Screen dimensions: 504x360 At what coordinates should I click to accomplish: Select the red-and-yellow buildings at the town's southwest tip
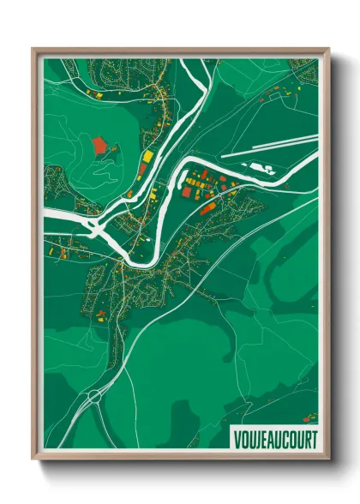101,315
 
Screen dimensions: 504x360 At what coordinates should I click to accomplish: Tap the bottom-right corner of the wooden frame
327,459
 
